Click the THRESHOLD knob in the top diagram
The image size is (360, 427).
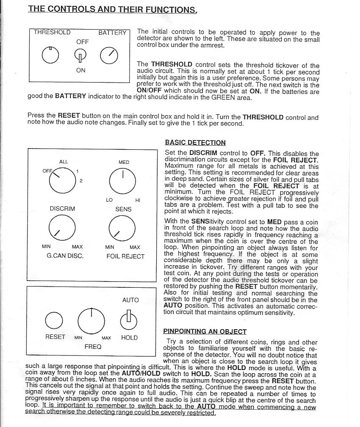pos(50,55)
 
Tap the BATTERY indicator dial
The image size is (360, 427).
pos(109,55)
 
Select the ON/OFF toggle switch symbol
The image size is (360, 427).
pos(80,55)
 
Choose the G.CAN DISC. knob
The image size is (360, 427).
pos(61,228)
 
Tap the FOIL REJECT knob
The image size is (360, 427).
pos(122,228)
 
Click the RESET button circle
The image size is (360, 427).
pos(54,320)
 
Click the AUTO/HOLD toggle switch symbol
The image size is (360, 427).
pos(129,320)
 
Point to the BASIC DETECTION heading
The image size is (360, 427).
pos(195,143)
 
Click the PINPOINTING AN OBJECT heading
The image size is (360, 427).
pos(205,331)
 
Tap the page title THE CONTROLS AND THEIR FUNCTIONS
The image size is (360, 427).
pos(113,9)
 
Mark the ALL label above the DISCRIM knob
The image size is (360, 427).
pos(64,162)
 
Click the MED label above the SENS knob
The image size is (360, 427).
pos(124,162)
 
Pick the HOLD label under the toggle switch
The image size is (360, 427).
pos(129,338)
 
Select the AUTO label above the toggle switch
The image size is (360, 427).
pos(130,300)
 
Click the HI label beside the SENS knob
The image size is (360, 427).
pos(138,200)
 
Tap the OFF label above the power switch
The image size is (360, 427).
pos(83,42)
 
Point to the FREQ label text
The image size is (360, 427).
pos(93,347)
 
